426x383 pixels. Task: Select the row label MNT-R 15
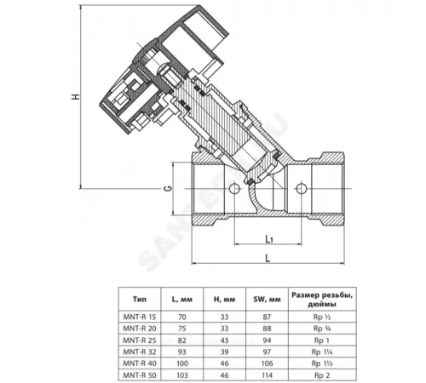click(140, 315)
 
